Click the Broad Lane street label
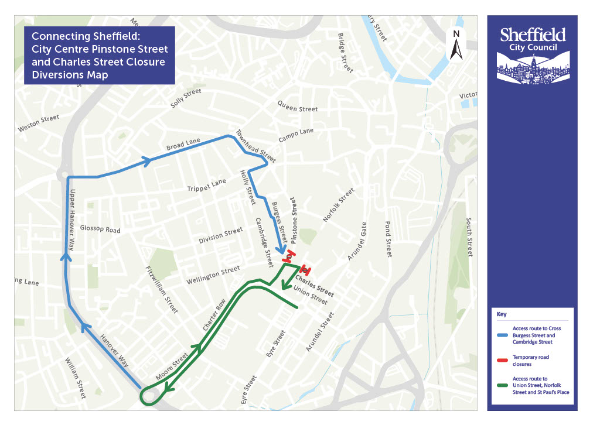click(x=183, y=144)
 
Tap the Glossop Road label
click(x=100, y=229)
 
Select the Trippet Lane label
click(x=206, y=186)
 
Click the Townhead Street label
click(x=255, y=146)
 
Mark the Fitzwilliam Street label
click(x=162, y=290)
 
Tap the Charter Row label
click(x=214, y=317)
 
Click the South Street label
click(x=469, y=237)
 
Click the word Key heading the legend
click(x=502, y=314)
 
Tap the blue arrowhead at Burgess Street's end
click(x=283, y=249)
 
